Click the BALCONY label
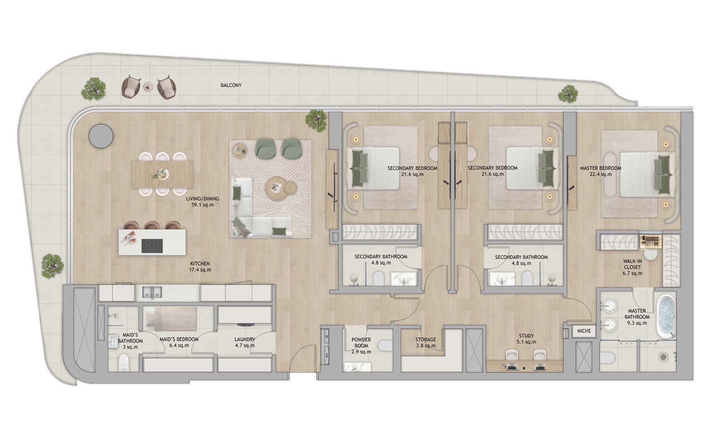(231, 86)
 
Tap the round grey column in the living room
(101, 136)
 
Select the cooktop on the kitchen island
(152, 246)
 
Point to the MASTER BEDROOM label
(601, 168)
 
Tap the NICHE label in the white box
(584, 331)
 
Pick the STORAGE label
(426, 340)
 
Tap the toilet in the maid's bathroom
(123, 363)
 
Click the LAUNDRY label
(245, 339)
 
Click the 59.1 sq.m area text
(202, 205)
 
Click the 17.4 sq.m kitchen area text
(200, 270)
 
